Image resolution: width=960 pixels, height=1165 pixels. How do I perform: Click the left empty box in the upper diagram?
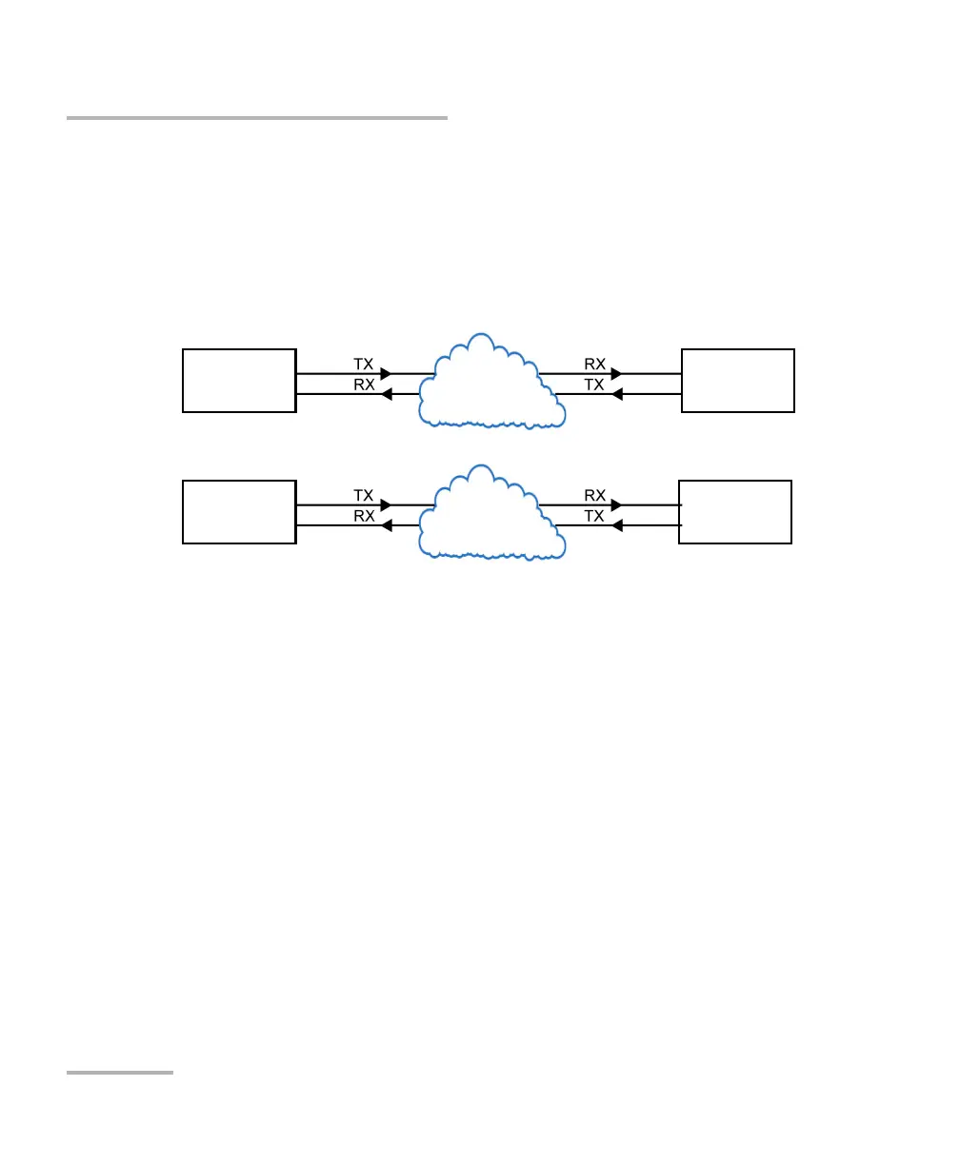pyautogui.click(x=239, y=381)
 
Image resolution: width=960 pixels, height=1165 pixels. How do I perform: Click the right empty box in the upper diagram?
pyautogui.click(x=738, y=381)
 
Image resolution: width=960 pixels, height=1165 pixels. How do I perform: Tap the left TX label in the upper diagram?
pyautogui.click(x=364, y=364)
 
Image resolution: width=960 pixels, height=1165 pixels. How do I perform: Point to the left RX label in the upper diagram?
pyautogui.click(x=364, y=385)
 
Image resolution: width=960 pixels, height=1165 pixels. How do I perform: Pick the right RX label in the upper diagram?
pyautogui.click(x=595, y=364)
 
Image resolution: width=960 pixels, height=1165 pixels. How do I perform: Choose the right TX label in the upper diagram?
pyautogui.click(x=594, y=385)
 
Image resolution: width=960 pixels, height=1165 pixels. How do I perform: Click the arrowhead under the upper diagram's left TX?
pyautogui.click(x=386, y=374)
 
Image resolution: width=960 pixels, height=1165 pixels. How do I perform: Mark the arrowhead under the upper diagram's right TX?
pyautogui.click(x=616, y=394)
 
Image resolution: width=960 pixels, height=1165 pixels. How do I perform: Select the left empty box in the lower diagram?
pyautogui.click(x=239, y=512)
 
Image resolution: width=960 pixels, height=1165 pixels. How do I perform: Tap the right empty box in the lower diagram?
pyautogui.click(x=735, y=512)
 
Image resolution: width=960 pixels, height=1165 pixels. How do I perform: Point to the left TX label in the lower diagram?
pyautogui.click(x=364, y=495)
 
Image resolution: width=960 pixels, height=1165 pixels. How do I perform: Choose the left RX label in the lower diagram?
pyautogui.click(x=364, y=516)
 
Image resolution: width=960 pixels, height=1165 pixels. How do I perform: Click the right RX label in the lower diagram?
pyautogui.click(x=595, y=495)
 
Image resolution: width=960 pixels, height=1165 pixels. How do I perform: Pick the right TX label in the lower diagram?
pyautogui.click(x=594, y=516)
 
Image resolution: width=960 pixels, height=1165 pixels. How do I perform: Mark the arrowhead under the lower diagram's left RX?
pyautogui.click(x=387, y=525)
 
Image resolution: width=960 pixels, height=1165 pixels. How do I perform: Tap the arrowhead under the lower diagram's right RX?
pyautogui.click(x=616, y=505)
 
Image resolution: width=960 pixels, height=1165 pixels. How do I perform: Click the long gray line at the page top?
pyautogui.click(x=257, y=118)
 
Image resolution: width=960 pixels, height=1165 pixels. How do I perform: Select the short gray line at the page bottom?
pyautogui.click(x=120, y=1073)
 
